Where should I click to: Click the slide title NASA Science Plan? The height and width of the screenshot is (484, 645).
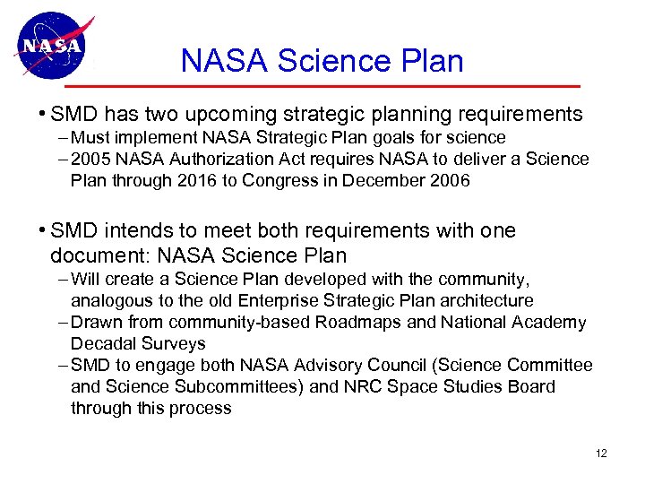click(322, 61)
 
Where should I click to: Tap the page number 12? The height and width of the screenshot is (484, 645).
click(600, 454)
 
